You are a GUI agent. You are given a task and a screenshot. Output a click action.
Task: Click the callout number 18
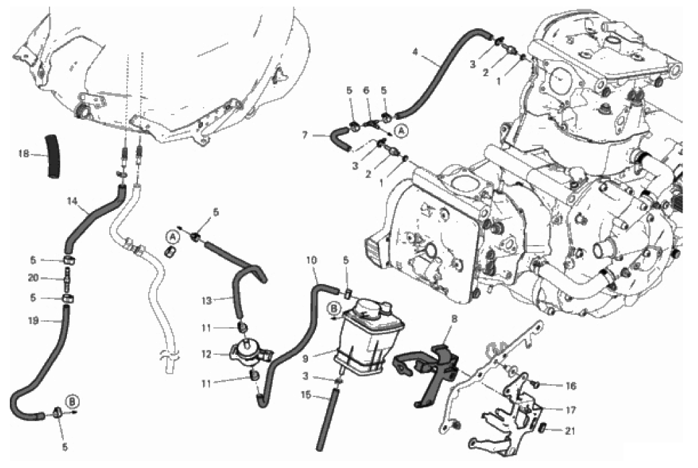coord(24,153)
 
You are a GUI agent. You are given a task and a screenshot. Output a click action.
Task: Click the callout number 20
coord(33,278)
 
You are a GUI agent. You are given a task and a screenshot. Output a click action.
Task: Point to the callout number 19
coord(33,321)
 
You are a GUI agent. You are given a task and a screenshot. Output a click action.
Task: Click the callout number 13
coord(208,301)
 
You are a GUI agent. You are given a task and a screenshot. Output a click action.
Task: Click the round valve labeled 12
coord(245,352)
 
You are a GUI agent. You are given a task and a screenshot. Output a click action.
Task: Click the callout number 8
coord(454,320)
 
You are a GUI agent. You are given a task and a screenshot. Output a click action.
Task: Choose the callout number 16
coord(570,386)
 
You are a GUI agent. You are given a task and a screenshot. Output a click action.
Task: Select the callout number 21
coord(570,431)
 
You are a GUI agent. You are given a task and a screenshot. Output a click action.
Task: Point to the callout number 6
coord(366,90)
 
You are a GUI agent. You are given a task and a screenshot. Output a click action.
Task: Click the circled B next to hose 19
coord(72,401)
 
